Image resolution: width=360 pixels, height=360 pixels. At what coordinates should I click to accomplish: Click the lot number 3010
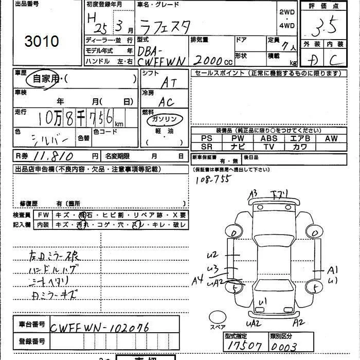41,41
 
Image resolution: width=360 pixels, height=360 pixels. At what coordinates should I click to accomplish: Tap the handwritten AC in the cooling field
166,102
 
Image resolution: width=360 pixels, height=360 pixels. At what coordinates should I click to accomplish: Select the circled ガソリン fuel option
164,119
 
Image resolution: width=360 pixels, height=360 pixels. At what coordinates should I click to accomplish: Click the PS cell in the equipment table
207,138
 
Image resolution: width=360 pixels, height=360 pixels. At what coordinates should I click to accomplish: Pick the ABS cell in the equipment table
268,138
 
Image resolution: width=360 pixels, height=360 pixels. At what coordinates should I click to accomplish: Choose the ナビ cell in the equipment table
238,147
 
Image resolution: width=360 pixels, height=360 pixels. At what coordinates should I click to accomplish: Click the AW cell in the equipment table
331,138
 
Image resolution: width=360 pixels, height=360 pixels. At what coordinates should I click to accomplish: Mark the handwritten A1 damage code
333,269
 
